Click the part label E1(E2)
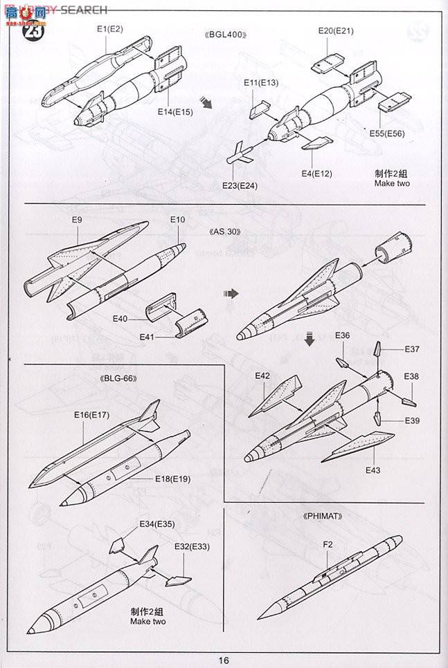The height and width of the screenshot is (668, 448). pyautogui.click(x=109, y=29)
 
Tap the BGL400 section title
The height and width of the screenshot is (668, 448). pyautogui.click(x=226, y=35)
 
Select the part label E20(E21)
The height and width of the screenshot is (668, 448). pyautogui.click(x=336, y=31)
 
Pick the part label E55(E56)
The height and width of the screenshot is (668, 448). pyautogui.click(x=387, y=133)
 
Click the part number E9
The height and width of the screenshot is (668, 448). pyautogui.click(x=77, y=221)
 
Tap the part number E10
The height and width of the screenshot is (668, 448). pyautogui.click(x=177, y=220)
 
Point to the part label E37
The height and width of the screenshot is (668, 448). pyautogui.click(x=413, y=349)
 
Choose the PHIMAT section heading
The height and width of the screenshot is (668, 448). pyautogui.click(x=323, y=516)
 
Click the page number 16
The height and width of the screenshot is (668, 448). pyautogui.click(x=224, y=660)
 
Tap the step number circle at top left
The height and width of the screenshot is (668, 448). pyautogui.click(x=32, y=30)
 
